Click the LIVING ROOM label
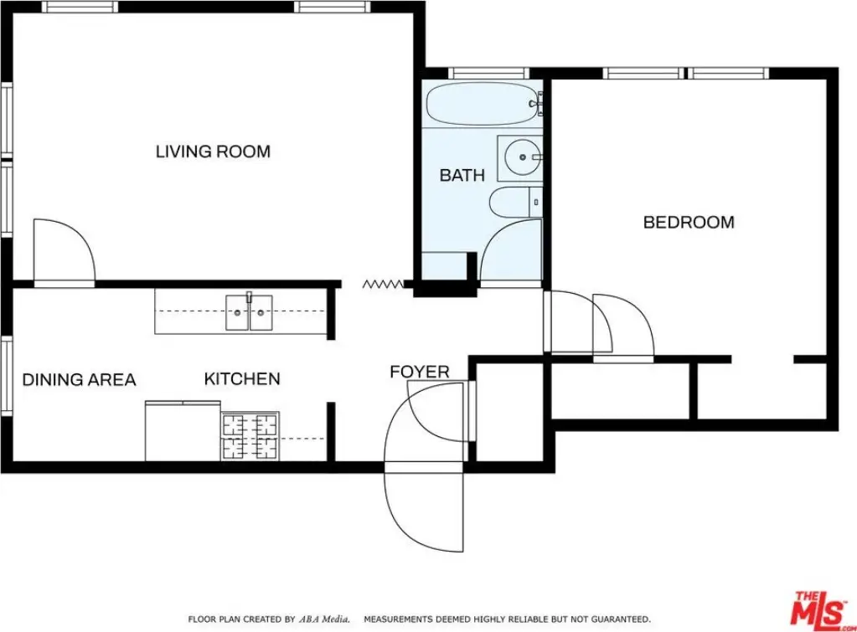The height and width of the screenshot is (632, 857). (x=213, y=152)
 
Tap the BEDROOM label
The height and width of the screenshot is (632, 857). (x=689, y=223)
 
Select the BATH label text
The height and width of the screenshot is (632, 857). (x=462, y=175)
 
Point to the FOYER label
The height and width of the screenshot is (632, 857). (x=419, y=372)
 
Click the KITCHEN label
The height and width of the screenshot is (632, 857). (x=242, y=379)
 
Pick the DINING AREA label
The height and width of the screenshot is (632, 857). (x=79, y=380)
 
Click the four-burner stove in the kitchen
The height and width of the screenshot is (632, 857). (x=250, y=436)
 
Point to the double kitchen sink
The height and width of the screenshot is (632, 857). (x=250, y=312)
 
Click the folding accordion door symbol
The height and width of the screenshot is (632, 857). (x=383, y=284)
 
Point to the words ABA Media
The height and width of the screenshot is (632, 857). (x=323, y=619)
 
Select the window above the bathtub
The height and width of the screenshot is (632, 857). (x=489, y=73)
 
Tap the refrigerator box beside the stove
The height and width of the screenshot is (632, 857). (x=183, y=431)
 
